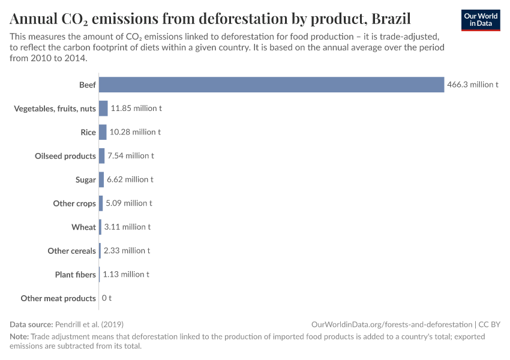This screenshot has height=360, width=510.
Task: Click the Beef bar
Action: (271, 85)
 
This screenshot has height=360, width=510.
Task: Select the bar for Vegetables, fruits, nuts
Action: (103, 109)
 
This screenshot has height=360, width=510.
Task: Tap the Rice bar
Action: (103, 132)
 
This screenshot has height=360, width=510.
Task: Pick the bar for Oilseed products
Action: (101, 156)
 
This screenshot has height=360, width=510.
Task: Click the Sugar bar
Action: (101, 179)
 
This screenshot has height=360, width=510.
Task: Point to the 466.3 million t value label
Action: (473, 85)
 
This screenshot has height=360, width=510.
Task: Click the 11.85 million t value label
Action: (136, 109)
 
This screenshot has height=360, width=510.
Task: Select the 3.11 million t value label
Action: (127, 227)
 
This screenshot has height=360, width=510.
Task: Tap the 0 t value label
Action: (107, 298)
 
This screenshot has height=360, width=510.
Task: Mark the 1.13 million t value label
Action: (126, 274)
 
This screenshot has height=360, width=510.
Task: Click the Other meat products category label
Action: (58, 298)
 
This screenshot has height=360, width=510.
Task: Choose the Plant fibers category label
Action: (75, 274)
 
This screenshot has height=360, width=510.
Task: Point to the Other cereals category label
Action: (71, 251)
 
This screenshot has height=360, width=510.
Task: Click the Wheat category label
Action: (83, 227)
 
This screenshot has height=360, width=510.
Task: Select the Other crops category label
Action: (74, 203)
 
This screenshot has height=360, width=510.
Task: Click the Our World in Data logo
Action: (481, 20)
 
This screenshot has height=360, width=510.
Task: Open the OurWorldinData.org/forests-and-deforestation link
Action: (392, 324)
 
